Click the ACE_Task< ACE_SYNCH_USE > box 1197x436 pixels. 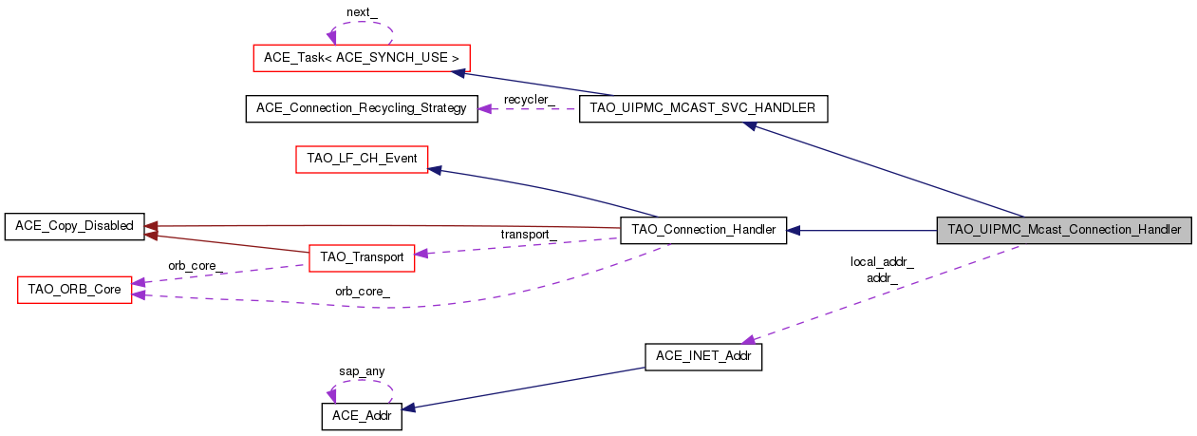(362, 58)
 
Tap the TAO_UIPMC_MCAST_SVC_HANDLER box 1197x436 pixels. (703, 108)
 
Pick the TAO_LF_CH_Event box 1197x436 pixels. (362, 159)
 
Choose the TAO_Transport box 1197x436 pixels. (362, 256)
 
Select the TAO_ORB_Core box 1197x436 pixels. (74, 290)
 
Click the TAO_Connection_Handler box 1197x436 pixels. (703, 230)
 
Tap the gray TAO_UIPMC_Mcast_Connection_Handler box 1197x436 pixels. (1063, 230)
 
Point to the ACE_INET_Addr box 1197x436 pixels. (703, 357)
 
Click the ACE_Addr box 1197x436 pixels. (362, 416)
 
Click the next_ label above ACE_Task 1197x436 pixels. (363, 12)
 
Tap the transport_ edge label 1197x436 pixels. (529, 235)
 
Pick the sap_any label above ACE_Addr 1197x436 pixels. (362, 371)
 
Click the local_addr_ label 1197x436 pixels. (882, 262)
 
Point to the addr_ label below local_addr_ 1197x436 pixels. (883, 278)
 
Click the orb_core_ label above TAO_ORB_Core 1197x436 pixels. (196, 266)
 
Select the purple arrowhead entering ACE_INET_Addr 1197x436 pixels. (749, 339)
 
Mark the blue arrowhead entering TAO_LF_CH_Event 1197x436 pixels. (435, 170)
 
